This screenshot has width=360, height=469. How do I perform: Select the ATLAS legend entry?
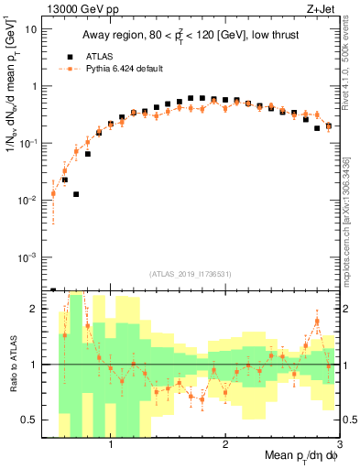(x=95, y=55)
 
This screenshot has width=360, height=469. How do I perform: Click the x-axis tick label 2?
(x=225, y=445)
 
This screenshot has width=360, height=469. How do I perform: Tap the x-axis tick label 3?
(x=339, y=445)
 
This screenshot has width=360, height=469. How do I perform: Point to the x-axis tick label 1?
(x=111, y=445)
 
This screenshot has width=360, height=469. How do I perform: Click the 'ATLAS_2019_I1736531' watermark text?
(x=189, y=274)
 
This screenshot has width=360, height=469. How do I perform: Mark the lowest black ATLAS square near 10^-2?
(x=76, y=194)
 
